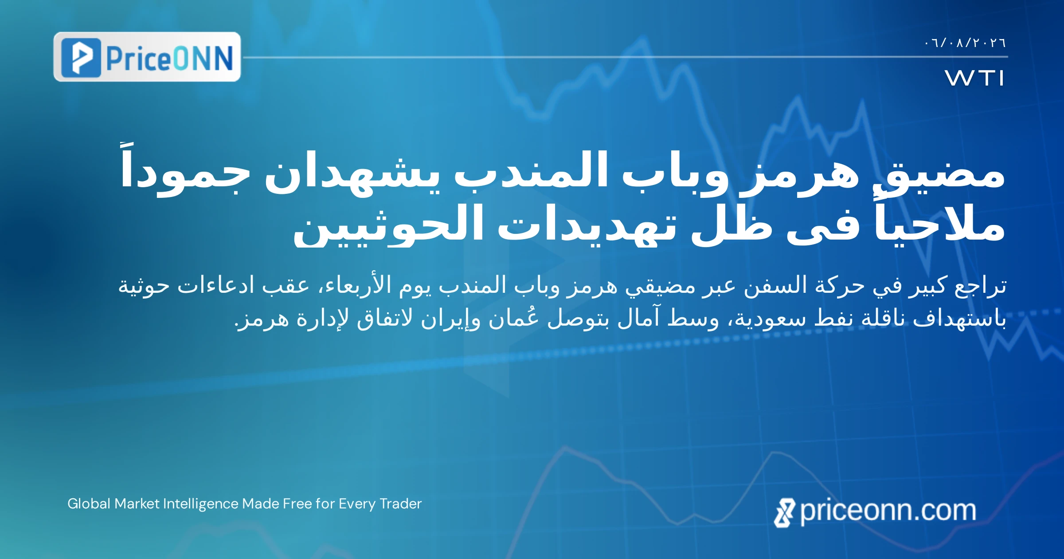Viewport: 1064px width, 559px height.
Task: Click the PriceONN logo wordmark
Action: [169, 58]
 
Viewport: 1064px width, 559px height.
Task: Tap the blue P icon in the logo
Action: [81, 58]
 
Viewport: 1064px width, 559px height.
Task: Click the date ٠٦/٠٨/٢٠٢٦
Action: [965, 43]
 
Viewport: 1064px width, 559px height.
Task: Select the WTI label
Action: [974, 78]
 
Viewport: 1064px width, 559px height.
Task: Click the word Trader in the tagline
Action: [401, 504]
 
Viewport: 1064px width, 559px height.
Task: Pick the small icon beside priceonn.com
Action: [785, 513]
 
